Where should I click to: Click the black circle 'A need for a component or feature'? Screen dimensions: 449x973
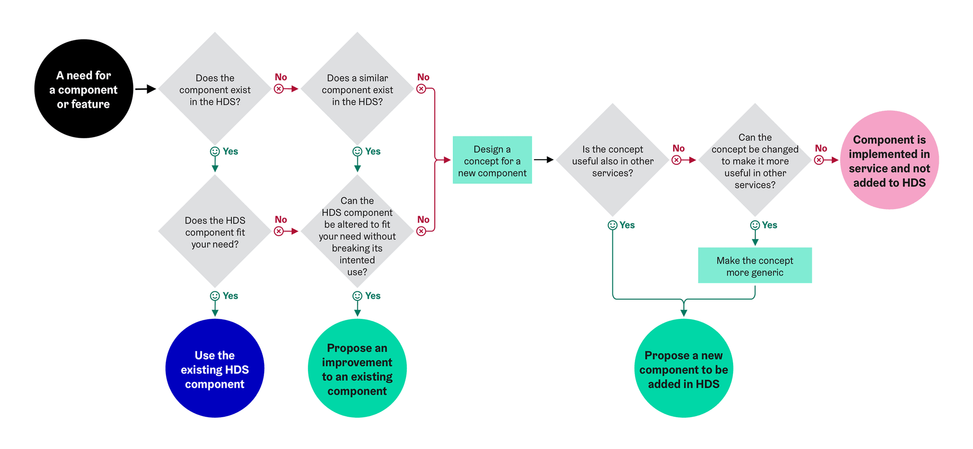(84, 89)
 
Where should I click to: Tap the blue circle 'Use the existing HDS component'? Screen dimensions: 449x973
(215, 369)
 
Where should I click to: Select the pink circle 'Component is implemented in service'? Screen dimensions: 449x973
(889, 160)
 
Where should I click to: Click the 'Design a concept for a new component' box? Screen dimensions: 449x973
(492, 161)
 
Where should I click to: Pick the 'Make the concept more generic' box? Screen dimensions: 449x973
(754, 266)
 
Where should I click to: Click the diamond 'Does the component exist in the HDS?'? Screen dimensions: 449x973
(215, 89)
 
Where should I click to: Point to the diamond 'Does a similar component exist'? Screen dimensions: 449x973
(357, 89)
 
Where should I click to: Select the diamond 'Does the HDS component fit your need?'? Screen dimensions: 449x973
(215, 231)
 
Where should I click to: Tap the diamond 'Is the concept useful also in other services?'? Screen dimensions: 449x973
(612, 160)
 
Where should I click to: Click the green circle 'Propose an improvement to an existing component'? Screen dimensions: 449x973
(357, 369)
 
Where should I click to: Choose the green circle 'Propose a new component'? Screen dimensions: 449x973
(683, 369)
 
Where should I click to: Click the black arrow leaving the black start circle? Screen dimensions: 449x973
(145, 89)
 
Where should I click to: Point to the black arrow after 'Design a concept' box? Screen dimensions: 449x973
(544, 160)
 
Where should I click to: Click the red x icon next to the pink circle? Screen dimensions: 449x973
(819, 160)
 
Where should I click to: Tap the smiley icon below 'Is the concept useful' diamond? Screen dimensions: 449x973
(612, 225)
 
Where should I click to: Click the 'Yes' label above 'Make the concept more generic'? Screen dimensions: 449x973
(770, 225)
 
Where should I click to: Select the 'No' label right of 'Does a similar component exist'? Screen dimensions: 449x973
(423, 77)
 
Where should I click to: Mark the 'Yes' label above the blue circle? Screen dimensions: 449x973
(230, 296)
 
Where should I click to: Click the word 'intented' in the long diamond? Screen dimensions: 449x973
(357, 260)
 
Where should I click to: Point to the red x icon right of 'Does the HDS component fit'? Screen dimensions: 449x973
(279, 231)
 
